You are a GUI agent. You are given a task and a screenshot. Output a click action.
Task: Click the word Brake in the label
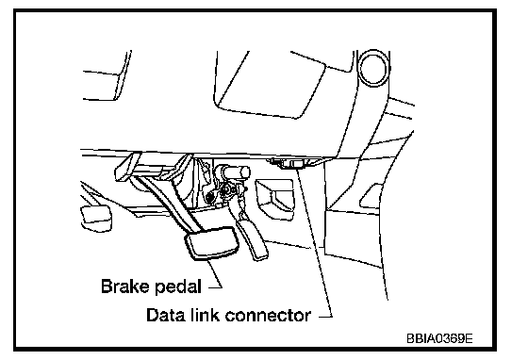point(124,286)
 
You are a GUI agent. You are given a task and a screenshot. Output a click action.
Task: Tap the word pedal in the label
point(178,287)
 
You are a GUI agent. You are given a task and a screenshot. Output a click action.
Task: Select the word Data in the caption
point(165,316)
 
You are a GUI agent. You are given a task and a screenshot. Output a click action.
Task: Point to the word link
point(204,316)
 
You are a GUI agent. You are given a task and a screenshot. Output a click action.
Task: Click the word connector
point(268,316)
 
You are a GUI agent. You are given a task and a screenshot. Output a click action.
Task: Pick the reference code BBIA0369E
point(439,338)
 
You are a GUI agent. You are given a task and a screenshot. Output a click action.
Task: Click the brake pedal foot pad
point(210,243)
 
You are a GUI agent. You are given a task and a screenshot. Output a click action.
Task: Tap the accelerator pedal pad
point(253,239)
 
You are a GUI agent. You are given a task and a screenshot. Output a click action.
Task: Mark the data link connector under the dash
point(289,164)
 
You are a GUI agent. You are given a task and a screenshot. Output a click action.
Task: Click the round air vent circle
point(374,68)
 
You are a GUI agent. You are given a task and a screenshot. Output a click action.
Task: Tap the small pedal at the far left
point(95,218)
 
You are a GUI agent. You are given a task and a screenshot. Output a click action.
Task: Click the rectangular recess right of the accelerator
point(275,199)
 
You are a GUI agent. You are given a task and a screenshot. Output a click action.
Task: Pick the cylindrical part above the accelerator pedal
point(235,172)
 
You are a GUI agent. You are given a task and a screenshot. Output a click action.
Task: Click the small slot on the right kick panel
point(371,196)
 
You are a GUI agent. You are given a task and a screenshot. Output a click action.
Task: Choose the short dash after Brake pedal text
point(215,287)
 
